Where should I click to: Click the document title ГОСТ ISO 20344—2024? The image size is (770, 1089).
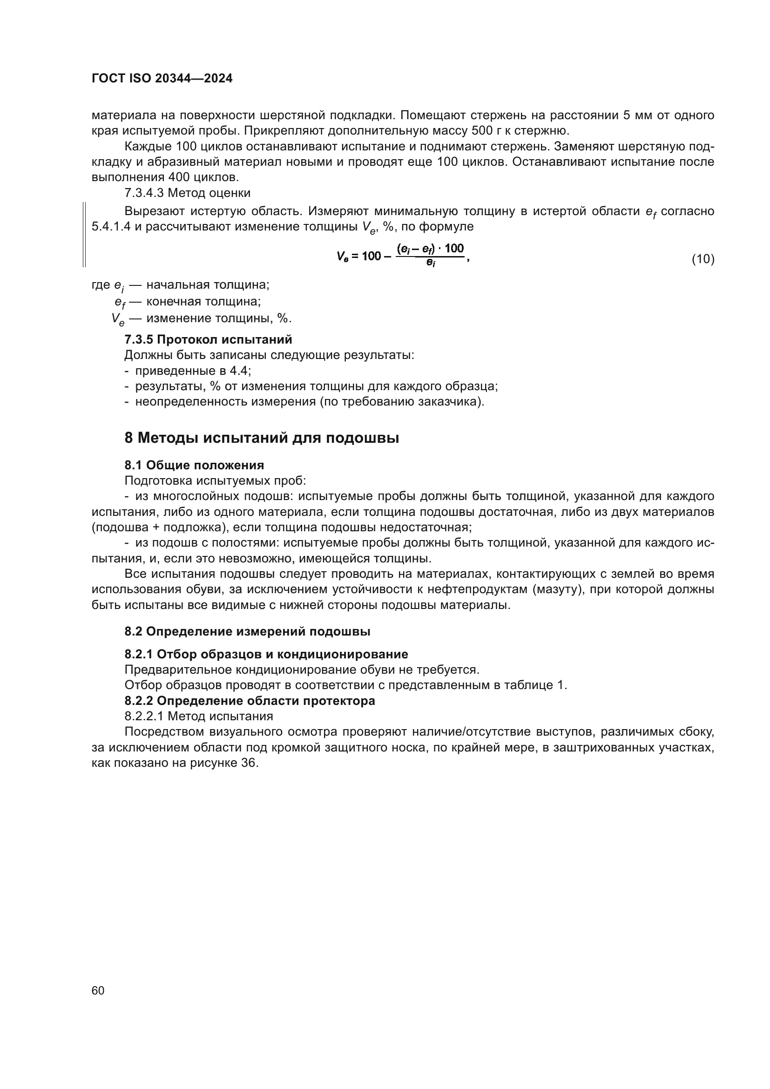click(x=162, y=79)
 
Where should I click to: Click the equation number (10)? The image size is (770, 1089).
click(x=702, y=259)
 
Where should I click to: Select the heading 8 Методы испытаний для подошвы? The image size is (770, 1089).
click(x=261, y=438)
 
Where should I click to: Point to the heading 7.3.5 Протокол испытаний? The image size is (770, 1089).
click(x=208, y=339)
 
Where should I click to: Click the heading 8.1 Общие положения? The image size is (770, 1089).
click(x=194, y=465)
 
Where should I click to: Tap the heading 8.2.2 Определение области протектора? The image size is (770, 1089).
click(x=250, y=701)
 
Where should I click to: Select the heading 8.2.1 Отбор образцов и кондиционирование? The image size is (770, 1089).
click(x=266, y=654)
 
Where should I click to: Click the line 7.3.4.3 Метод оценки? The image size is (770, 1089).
click(x=187, y=193)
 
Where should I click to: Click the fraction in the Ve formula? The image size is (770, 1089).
click(x=430, y=255)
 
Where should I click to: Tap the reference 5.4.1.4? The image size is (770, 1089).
click(x=111, y=227)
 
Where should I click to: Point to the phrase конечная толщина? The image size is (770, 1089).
click(x=203, y=302)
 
